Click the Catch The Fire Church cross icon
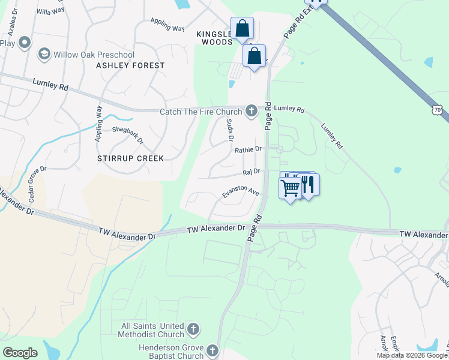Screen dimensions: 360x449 [252, 111]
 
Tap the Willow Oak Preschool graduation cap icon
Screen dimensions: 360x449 [44, 55]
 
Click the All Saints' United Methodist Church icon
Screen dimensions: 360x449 [193, 329]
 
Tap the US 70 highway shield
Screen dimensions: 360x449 [437, 109]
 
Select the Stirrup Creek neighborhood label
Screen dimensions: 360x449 [130, 158]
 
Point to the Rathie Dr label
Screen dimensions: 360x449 [249, 149]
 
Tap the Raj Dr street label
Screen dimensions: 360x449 [251, 172]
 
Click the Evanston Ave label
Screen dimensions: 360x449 [240, 192]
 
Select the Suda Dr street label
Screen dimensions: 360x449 [229, 130]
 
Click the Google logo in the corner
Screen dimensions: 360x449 [20, 352]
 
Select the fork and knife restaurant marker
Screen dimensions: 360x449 [307, 185]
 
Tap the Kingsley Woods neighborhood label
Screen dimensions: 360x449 [214, 38]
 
